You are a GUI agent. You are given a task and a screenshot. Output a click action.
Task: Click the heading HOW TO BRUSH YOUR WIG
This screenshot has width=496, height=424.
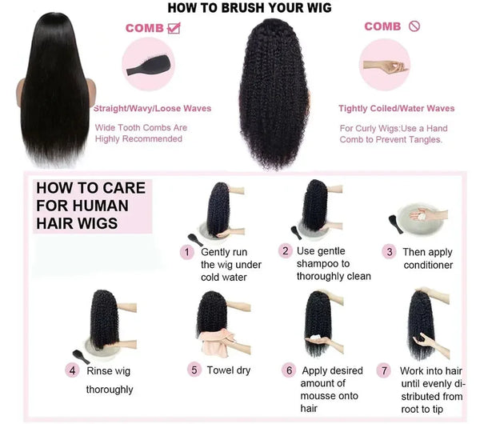249,8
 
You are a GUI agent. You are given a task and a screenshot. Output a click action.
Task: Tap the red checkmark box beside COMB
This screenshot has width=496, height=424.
174,28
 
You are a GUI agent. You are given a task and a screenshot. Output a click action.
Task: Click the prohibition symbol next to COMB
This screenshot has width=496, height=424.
414,26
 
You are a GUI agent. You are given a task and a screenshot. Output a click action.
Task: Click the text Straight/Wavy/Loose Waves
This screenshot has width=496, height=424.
152,109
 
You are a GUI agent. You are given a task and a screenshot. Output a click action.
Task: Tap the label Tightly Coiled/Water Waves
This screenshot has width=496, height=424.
396,109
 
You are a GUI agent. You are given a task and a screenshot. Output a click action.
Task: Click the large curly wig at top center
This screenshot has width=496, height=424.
274,92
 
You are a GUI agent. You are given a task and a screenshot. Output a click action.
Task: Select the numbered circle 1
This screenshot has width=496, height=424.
187,252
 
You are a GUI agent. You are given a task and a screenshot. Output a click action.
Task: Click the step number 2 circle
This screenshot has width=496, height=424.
286,250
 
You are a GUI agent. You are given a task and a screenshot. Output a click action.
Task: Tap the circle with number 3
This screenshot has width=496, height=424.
390,252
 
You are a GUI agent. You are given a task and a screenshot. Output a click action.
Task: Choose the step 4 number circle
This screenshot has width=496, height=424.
73,370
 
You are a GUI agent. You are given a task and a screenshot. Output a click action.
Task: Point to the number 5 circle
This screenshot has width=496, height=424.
194,370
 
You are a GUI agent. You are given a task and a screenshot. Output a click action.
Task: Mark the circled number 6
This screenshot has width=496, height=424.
289,370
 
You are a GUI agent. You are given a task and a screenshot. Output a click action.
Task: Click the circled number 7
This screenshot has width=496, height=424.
385,370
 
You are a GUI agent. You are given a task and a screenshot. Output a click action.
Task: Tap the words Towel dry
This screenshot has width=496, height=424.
229,370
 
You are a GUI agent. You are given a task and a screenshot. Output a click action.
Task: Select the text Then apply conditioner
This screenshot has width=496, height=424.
428,258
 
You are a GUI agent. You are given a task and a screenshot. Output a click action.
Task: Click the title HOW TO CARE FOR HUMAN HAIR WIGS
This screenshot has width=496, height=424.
90,206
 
